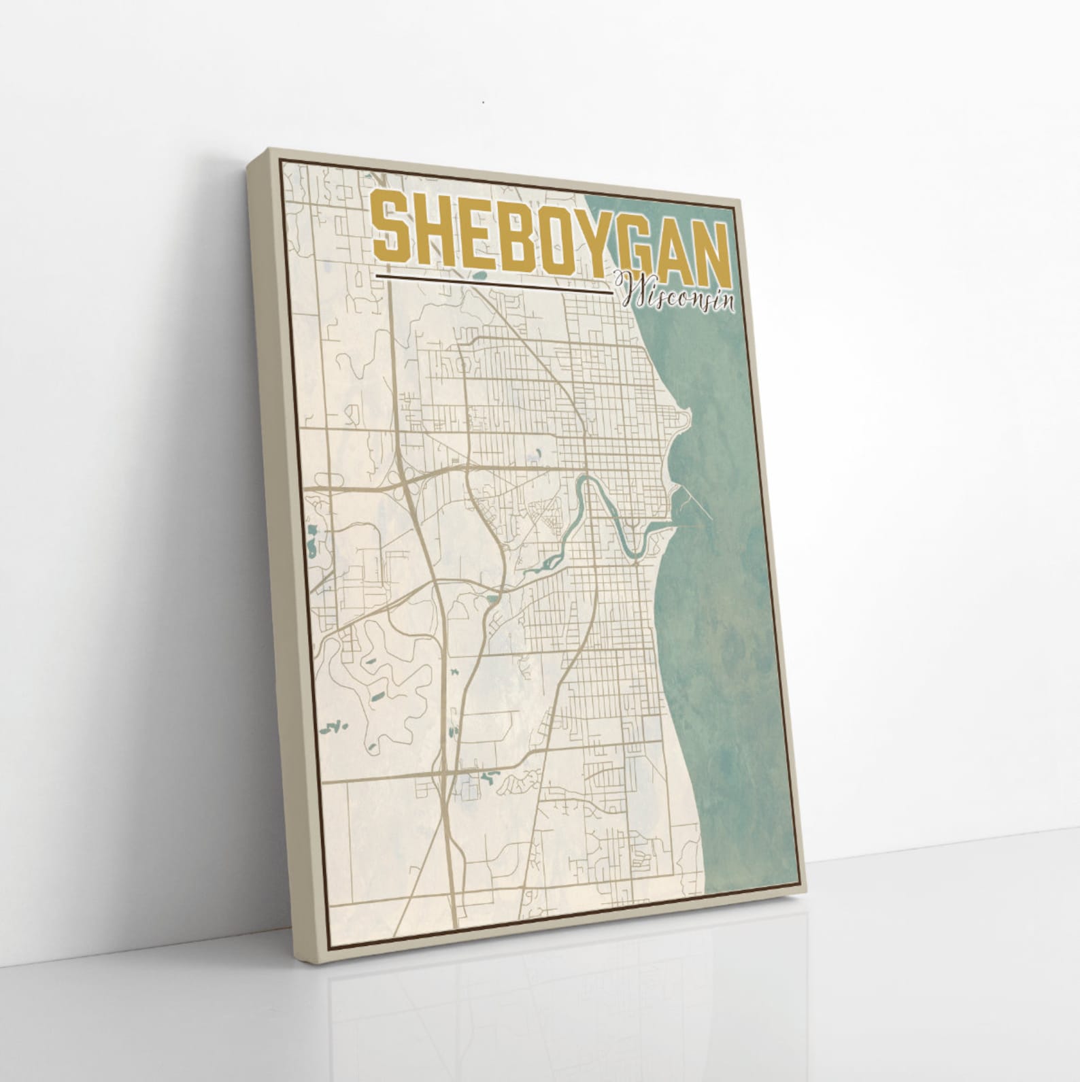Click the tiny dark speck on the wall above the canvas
(x=482, y=103)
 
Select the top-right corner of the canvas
(x=741, y=190)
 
